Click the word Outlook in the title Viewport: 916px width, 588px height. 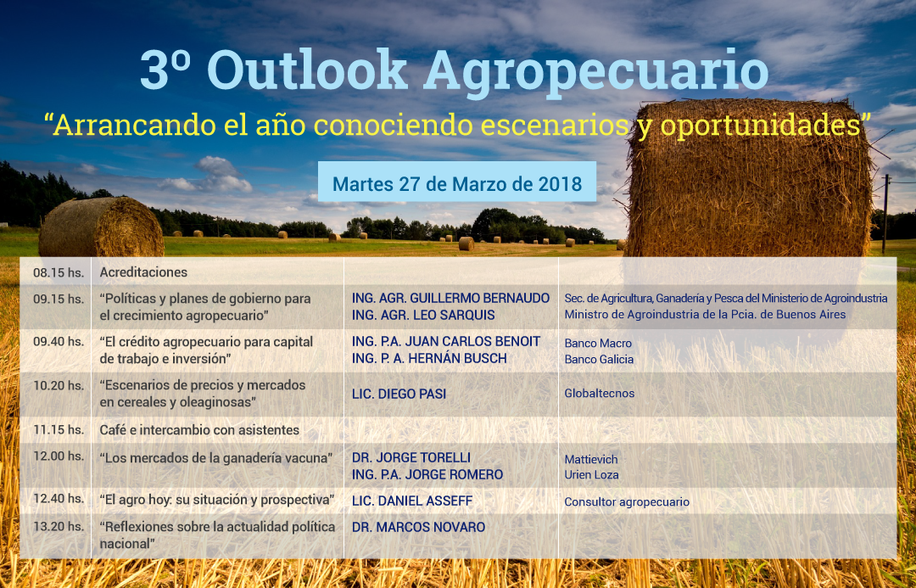coord(307,70)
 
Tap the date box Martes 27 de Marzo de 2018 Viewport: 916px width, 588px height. coord(457,182)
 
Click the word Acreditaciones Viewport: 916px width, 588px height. coord(143,272)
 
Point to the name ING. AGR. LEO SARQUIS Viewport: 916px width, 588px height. coord(423,315)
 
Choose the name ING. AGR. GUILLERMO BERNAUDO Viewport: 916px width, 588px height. coord(450,298)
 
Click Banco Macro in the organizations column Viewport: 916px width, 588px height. coord(598,343)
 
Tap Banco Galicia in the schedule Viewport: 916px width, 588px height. coord(599,360)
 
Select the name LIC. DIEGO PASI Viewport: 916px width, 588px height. coord(399,394)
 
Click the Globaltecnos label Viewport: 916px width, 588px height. coord(600,394)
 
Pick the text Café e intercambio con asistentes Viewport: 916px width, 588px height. coord(199,430)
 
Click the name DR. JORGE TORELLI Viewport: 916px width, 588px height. coord(411,457)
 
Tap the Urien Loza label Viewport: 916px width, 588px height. coord(591,475)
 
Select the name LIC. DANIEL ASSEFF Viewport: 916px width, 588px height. coord(412,501)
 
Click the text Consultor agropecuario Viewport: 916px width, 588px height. coord(627,502)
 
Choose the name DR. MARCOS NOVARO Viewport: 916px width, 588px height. coord(418,527)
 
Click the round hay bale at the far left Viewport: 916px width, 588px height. coord(101,227)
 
